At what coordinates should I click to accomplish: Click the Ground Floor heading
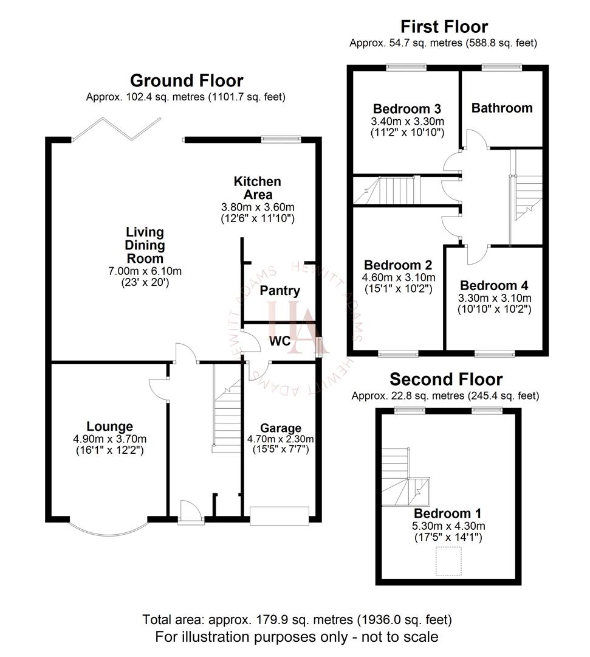point(187,81)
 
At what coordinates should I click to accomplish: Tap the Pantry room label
point(280,291)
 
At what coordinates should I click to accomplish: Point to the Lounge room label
point(109,426)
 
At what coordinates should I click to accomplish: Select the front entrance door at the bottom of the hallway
point(188,511)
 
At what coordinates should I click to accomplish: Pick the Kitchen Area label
point(258,188)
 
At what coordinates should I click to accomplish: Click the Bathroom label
point(502,108)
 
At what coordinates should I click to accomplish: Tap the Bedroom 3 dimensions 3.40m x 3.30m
point(407,121)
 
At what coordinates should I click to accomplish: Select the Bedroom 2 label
point(398,265)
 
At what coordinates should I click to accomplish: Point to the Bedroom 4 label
point(494,285)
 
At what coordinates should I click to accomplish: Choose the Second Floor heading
point(446,380)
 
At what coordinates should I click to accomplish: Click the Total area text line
point(297,620)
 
